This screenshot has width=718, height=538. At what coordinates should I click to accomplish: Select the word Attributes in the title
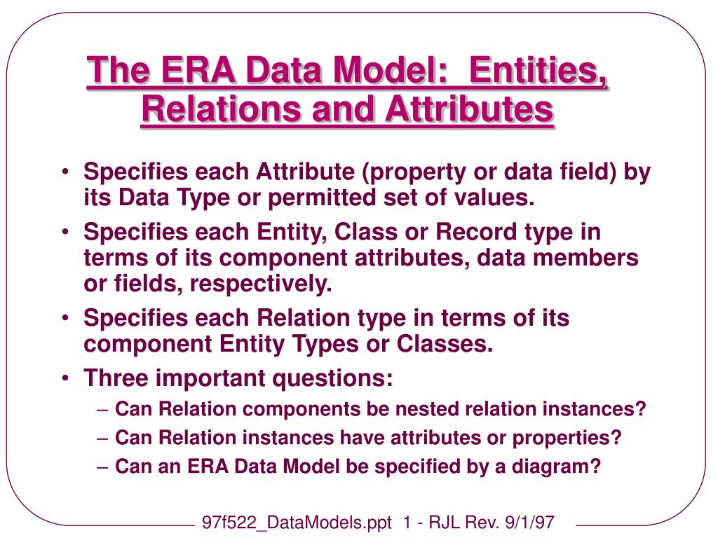pyautogui.click(x=469, y=109)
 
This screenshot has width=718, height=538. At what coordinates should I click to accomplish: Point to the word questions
pyautogui.click(x=332, y=379)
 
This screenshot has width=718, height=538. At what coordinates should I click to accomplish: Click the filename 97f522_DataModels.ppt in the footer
pyautogui.click(x=297, y=523)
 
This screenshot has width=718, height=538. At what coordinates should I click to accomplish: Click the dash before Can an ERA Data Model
pyautogui.click(x=102, y=467)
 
